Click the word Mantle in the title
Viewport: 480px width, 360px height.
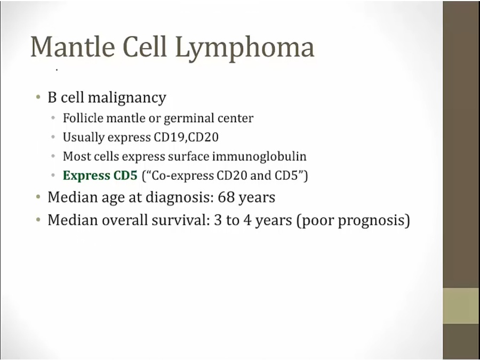(73, 47)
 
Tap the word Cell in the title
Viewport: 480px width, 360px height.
(145, 46)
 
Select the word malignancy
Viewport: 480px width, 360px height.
(127, 98)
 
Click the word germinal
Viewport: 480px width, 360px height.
(189, 119)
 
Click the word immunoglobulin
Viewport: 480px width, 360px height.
(259, 157)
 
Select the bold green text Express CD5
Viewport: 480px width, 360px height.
(100, 175)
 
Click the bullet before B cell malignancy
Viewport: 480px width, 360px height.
(38, 98)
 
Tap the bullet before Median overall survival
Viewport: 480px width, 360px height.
(38, 220)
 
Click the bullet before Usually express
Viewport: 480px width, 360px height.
(53, 137)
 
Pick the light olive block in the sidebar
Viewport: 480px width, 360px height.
(461, 306)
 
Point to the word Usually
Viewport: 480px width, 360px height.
(84, 138)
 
